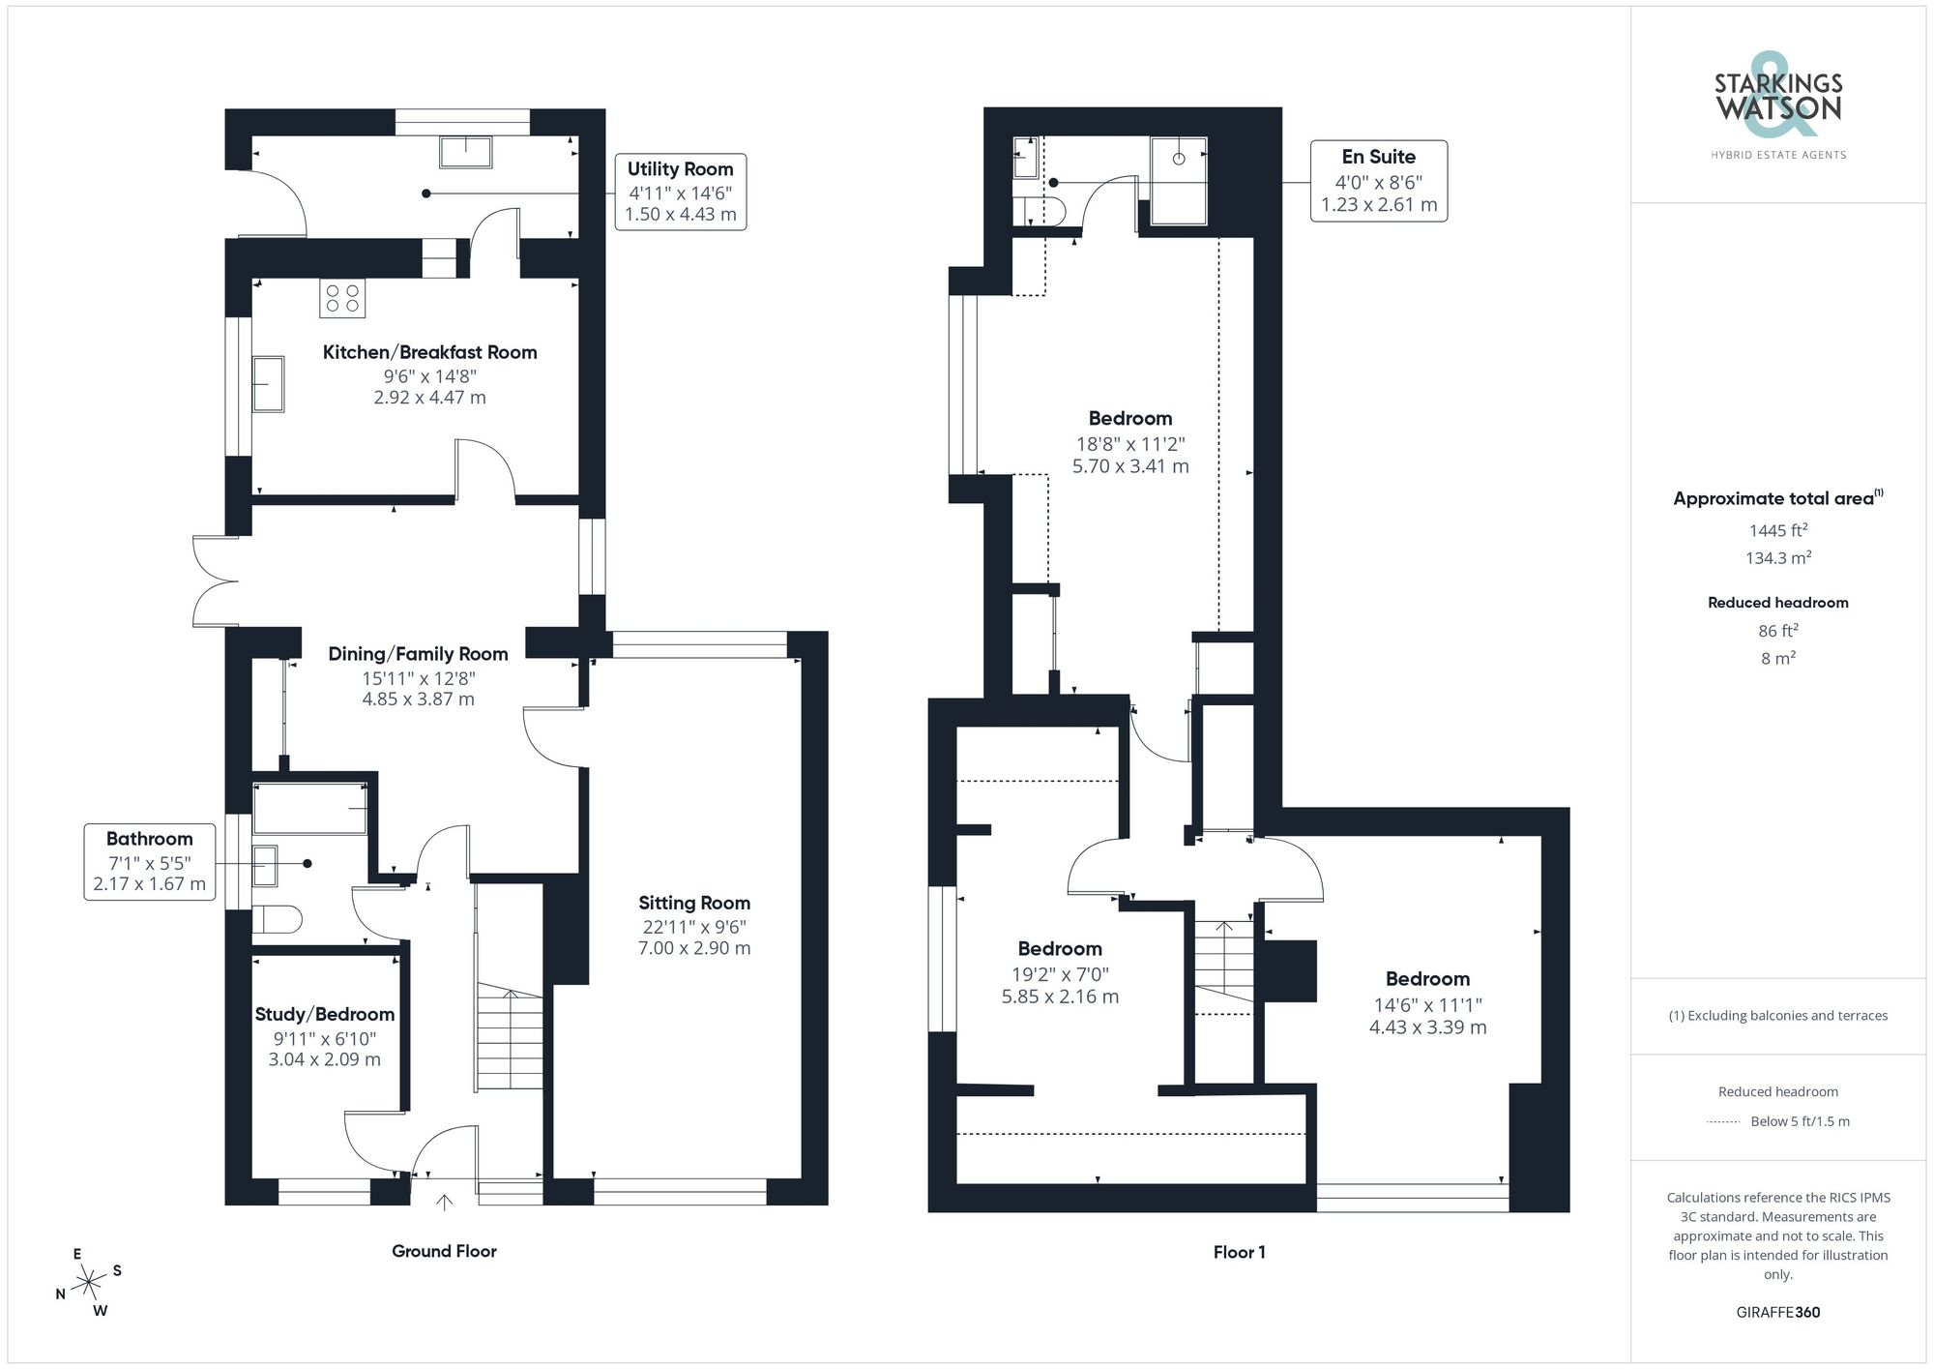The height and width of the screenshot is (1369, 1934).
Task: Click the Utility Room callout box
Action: click(x=680, y=192)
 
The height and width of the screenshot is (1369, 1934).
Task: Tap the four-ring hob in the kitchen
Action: click(x=342, y=298)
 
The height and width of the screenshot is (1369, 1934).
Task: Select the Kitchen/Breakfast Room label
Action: click(x=429, y=352)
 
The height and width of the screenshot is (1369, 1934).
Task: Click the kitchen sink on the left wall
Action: click(x=269, y=384)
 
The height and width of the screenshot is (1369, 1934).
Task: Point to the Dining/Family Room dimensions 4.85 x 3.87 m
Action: click(x=418, y=699)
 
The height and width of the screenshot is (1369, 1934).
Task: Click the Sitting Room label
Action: click(x=693, y=903)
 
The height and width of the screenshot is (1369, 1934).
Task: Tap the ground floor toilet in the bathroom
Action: click(x=278, y=919)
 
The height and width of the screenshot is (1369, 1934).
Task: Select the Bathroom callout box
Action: click(x=149, y=861)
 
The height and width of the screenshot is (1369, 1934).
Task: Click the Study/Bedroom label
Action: click(x=324, y=1014)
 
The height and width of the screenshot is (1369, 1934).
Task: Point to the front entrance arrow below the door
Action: click(x=444, y=1203)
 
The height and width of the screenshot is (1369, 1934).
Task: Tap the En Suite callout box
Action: click(x=1378, y=181)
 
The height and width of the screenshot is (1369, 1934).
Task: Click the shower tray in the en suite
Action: click(x=1179, y=181)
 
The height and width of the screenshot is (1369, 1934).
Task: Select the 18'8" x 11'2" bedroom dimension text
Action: click(x=1129, y=444)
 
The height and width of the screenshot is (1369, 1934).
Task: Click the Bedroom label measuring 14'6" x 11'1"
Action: click(x=1426, y=979)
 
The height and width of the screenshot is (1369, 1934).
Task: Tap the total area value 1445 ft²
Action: click(x=1777, y=530)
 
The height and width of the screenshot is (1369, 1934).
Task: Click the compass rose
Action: click(x=89, y=1283)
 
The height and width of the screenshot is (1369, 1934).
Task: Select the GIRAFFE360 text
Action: click(x=1777, y=1312)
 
